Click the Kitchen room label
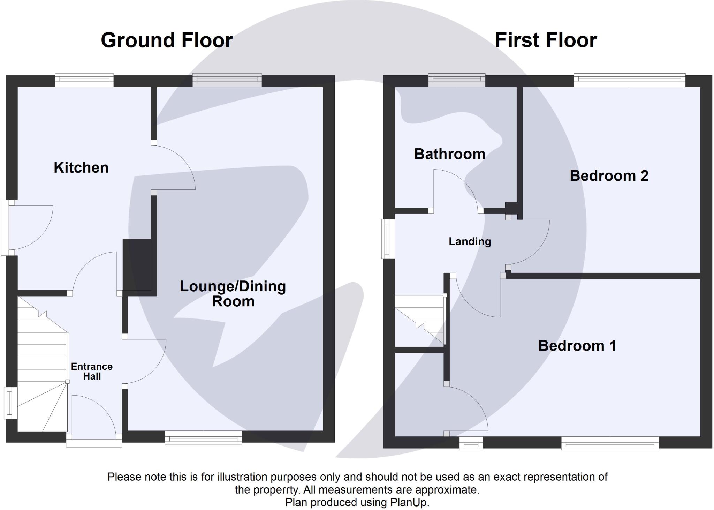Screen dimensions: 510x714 pyautogui.click(x=81, y=168)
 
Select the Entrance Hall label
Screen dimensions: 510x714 pyautogui.click(x=92, y=371)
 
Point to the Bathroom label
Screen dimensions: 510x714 pyautogui.click(x=449, y=154)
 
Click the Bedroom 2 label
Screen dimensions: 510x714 pyautogui.click(x=609, y=175)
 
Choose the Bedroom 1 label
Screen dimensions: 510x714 pyautogui.click(x=577, y=346)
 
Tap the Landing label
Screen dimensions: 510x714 pyautogui.click(x=470, y=241)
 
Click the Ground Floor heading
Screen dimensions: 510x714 pyautogui.click(x=167, y=40)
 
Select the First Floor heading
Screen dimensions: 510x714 pyautogui.click(x=546, y=40)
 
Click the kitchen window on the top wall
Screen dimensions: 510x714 pyautogui.click(x=84, y=80)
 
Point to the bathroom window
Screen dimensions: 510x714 pyautogui.click(x=456, y=80)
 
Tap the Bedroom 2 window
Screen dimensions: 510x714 pyautogui.click(x=629, y=80)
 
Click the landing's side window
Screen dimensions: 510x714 pyautogui.click(x=388, y=239)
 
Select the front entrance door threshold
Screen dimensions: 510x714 pyautogui.click(x=94, y=443)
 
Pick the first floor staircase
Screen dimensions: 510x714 pyautogui.click(x=420, y=319)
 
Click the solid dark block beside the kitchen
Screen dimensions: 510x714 pyautogui.click(x=137, y=265)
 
